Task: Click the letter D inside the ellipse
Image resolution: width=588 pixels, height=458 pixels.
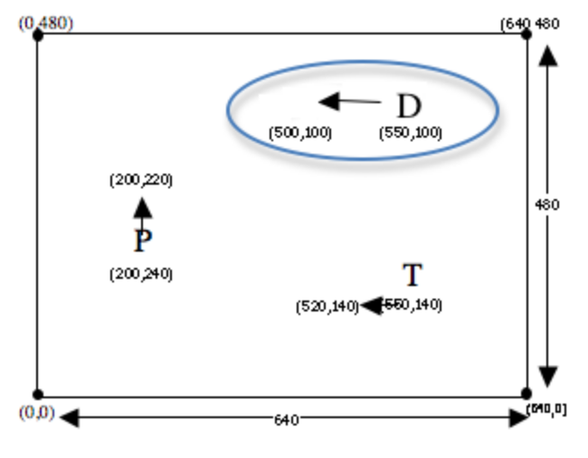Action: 409,107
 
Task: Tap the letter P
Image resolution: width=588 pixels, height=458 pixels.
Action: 142,242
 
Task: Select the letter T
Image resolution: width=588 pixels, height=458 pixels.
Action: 412,275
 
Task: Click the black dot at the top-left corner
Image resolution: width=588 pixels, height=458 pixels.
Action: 37,34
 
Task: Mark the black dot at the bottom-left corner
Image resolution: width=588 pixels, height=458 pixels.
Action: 37,395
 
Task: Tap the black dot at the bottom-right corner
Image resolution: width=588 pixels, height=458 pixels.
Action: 526,394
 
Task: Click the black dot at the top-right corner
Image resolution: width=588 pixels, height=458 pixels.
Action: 526,34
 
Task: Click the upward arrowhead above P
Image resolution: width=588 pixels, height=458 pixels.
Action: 142,208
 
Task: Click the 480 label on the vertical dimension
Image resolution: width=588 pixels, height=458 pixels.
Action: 548,205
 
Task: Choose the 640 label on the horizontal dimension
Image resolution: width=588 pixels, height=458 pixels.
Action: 285,419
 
